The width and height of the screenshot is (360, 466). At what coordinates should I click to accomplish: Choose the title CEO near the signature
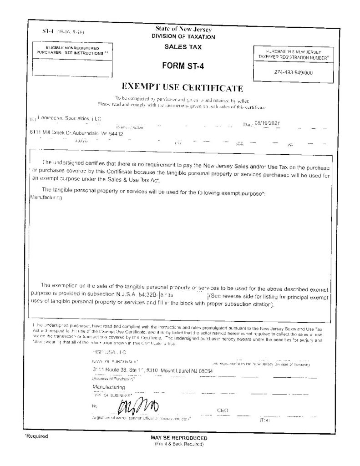point(223,410)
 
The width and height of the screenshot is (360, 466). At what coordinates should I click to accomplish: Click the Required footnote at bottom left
point(36,436)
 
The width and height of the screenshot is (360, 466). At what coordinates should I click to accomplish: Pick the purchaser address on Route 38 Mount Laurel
point(153,370)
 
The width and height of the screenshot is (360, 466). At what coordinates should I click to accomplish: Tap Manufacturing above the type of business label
point(109,387)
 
